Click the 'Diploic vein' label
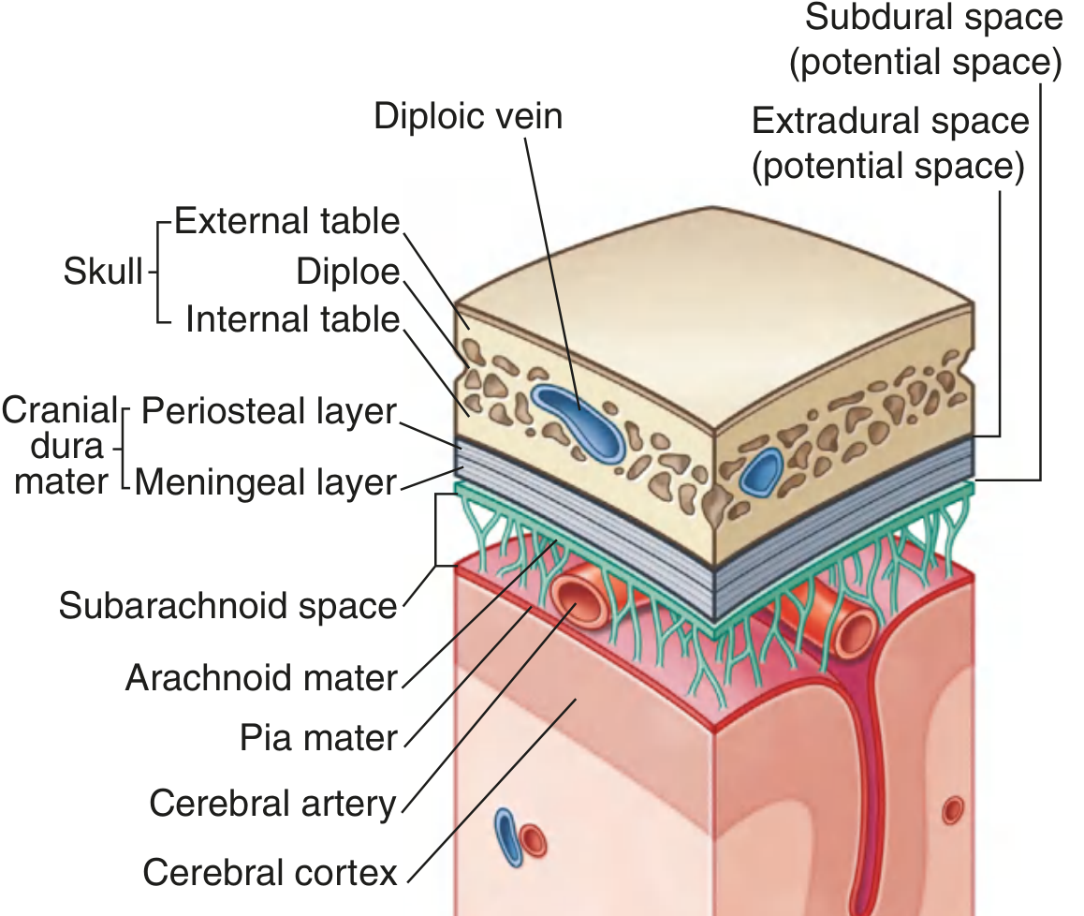468,116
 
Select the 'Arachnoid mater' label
262,677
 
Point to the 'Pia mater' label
319,738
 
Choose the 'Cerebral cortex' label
271,872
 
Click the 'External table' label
287,222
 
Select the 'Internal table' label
292,320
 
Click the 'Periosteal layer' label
269,411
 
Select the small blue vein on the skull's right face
761,471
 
